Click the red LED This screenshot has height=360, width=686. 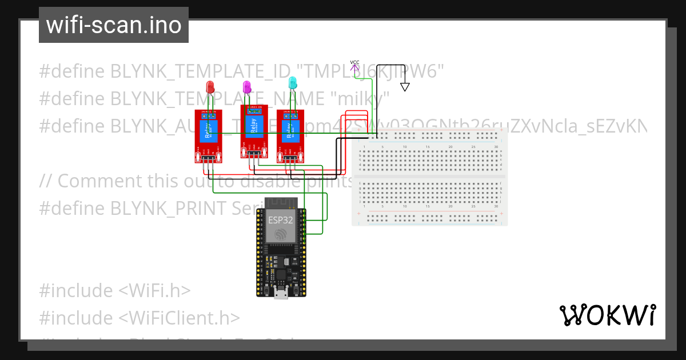click(210, 87)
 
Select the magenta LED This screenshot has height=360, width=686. click(247, 87)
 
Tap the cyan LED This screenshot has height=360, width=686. click(293, 83)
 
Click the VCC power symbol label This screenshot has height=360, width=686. click(354, 62)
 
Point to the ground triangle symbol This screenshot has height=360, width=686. click(405, 87)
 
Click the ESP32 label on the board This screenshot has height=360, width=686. click(281, 219)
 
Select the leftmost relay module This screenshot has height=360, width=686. click(208, 135)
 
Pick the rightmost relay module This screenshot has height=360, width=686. click(290, 135)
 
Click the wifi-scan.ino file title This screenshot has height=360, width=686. click(114, 25)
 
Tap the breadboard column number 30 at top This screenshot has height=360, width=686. click(495, 147)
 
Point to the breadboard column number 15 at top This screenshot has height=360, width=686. click(428, 147)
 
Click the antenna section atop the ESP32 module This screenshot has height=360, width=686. click(281, 203)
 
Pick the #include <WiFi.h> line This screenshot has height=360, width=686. click(114, 290)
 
